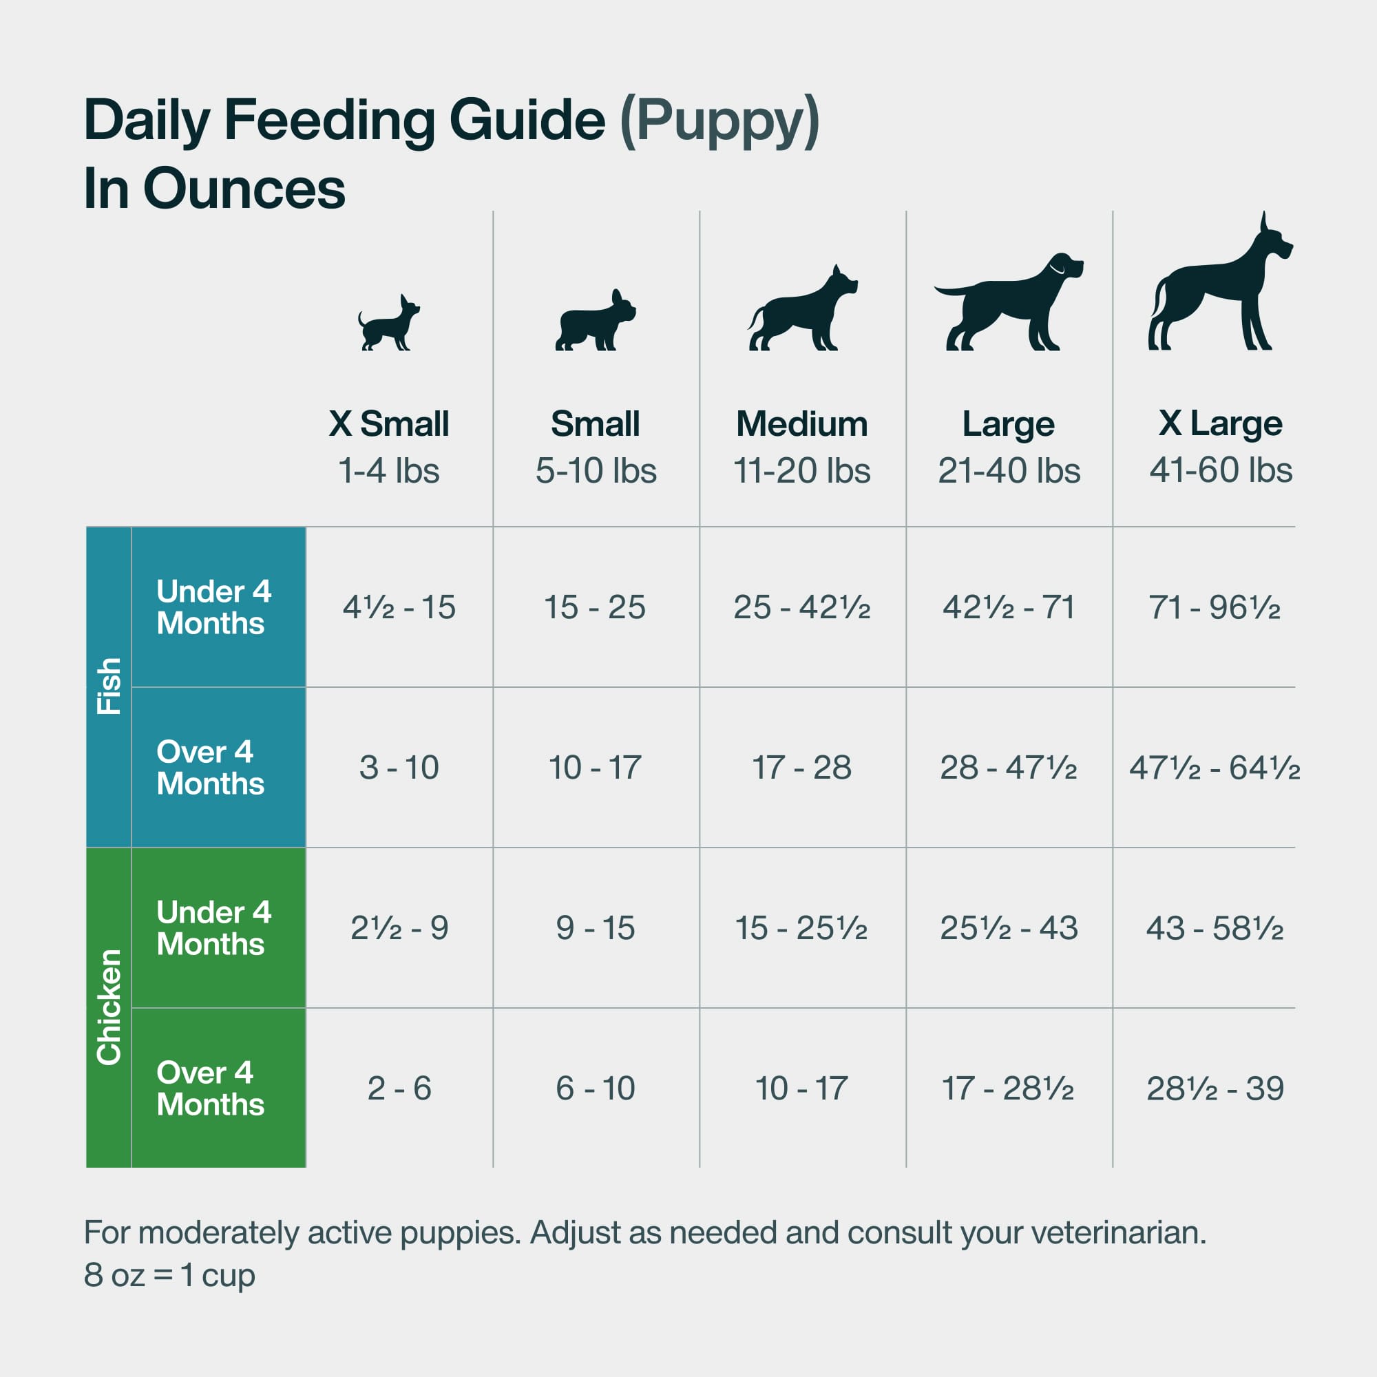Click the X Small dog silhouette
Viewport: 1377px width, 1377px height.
pyautogui.click(x=388, y=324)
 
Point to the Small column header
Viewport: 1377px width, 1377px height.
pyautogui.click(x=595, y=424)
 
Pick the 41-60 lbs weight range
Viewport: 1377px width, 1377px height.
pyautogui.click(x=1220, y=470)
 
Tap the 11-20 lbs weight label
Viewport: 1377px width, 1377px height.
pyautogui.click(x=802, y=471)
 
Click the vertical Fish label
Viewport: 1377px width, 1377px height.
pyautogui.click(x=109, y=686)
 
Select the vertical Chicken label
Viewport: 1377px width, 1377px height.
pyautogui.click(x=109, y=1007)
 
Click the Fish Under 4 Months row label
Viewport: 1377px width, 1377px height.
pyautogui.click(x=213, y=607)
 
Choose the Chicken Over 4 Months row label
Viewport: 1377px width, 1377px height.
pyautogui.click(x=210, y=1089)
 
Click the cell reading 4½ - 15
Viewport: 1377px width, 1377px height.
pyautogui.click(x=399, y=607)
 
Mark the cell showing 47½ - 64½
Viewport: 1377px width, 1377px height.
pyautogui.click(x=1215, y=768)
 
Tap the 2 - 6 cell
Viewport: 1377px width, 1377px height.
pyautogui.click(x=399, y=1089)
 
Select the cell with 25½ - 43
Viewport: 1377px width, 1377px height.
pyautogui.click(x=1009, y=928)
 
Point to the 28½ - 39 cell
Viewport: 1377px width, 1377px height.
pyautogui.click(x=1215, y=1089)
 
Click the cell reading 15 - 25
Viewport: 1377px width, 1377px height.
pyautogui.click(x=594, y=607)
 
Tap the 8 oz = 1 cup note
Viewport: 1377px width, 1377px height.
pyautogui.click(x=169, y=1275)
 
